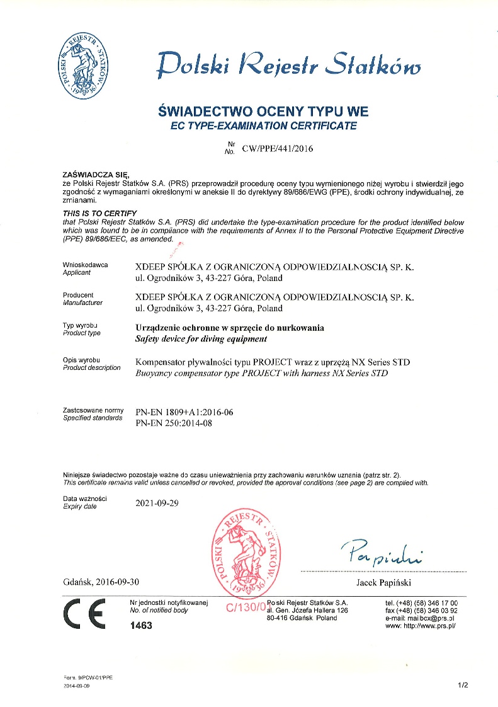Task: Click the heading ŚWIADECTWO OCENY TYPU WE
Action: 263,112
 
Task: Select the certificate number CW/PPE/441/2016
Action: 273,149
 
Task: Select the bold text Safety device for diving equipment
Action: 201,338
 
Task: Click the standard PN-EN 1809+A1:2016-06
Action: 184,412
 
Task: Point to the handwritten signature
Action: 383,553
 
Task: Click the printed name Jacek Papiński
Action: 383,582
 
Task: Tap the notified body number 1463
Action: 140,626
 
